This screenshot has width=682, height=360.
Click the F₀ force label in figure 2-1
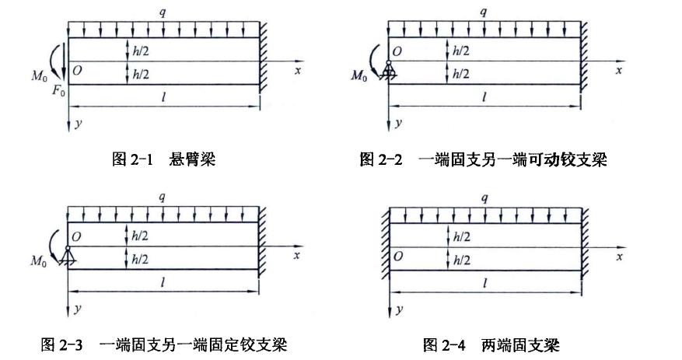[x=58, y=90]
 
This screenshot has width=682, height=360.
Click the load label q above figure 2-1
[x=163, y=12]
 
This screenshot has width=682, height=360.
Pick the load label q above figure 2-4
[x=484, y=197]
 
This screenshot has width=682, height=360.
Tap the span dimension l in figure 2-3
[x=163, y=283]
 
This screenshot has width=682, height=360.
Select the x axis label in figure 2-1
[x=297, y=70]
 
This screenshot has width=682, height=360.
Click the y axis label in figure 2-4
[x=398, y=309]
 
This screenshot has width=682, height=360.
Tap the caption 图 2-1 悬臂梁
[x=163, y=160]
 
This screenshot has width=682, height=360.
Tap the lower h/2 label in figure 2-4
[x=461, y=259]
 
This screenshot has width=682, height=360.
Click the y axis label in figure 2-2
[x=398, y=124]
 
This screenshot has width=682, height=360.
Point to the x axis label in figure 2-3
[x=297, y=255]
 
